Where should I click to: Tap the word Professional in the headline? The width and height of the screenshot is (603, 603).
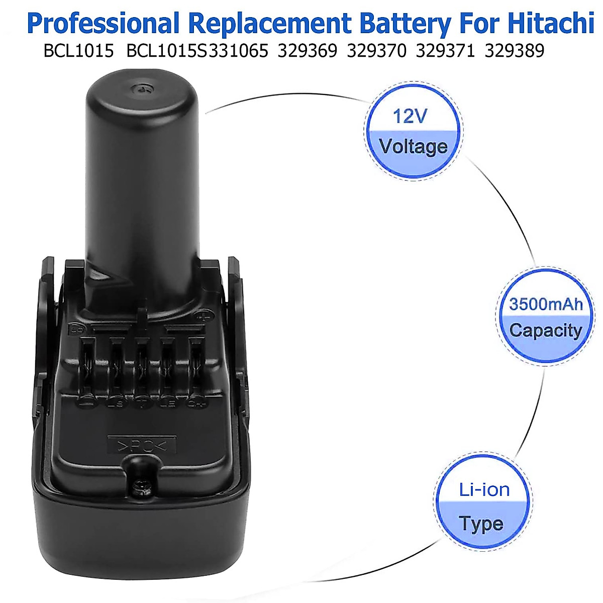(x=103, y=24)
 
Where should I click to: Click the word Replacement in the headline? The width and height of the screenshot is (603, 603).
(x=269, y=24)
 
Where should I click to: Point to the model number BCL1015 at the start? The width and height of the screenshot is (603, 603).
(x=78, y=51)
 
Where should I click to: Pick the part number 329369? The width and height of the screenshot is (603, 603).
(x=307, y=51)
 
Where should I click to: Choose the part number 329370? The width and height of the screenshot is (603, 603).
(x=376, y=51)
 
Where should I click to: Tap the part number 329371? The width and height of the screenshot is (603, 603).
(x=445, y=51)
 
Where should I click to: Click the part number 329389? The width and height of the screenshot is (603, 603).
(x=515, y=51)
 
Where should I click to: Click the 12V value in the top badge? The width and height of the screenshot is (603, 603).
(x=410, y=116)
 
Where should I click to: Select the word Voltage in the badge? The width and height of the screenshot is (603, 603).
(x=413, y=146)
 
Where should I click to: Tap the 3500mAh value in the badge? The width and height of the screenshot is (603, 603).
(x=546, y=304)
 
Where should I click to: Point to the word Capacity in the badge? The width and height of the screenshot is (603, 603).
(x=545, y=330)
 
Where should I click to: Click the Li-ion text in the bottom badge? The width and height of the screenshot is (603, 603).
(x=484, y=489)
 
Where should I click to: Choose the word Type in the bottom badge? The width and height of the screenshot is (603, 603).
(x=481, y=524)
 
